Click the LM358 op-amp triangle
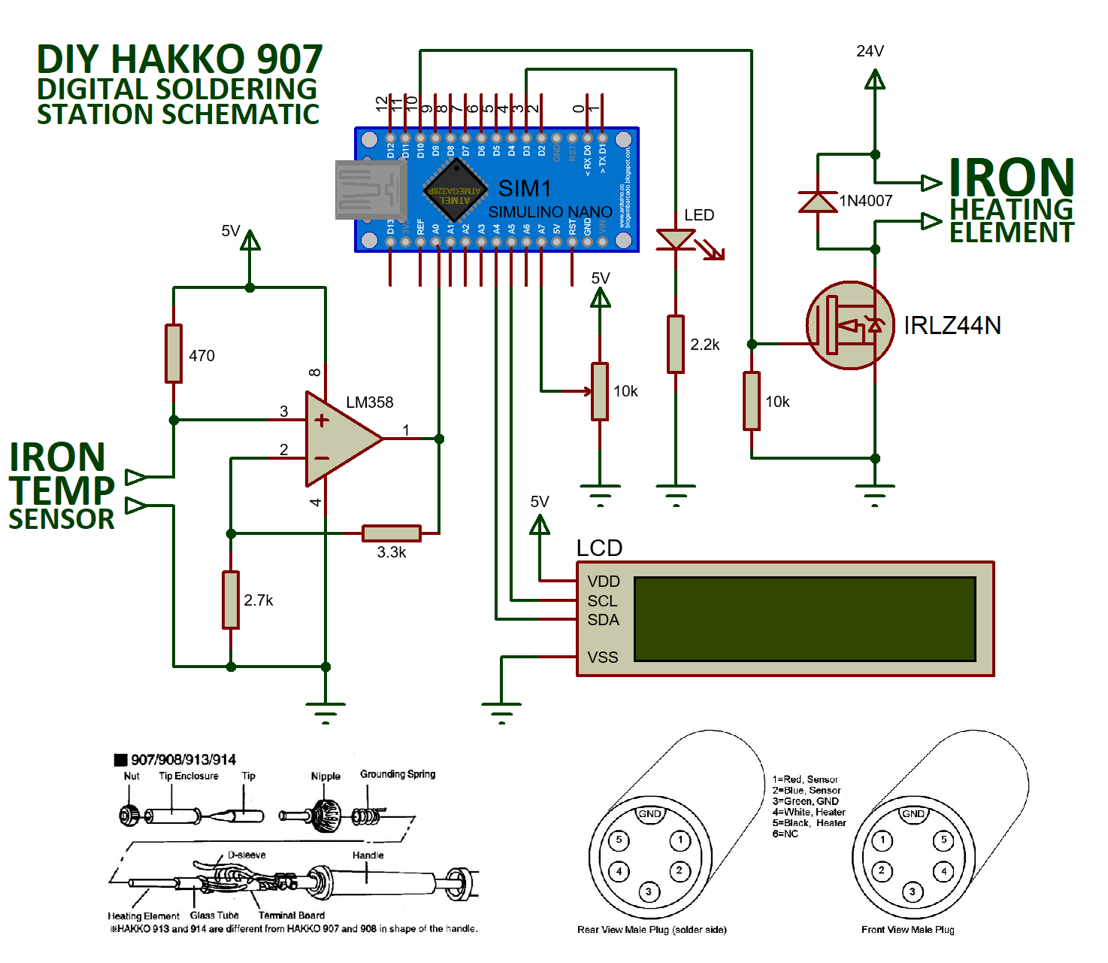[x=338, y=439]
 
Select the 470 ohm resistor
[x=174, y=354]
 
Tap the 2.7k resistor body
[x=231, y=600]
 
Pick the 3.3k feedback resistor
[x=391, y=533]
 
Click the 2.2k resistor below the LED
[x=676, y=344]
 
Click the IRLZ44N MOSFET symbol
[x=850, y=326]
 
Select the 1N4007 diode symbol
[x=818, y=202]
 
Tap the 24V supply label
[x=870, y=51]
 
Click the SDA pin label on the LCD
[x=603, y=620]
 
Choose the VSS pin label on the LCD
[x=602, y=658]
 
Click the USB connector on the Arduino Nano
[x=370, y=190]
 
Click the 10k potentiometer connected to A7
[x=600, y=391]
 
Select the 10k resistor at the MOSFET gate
[x=752, y=401]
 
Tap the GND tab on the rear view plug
[x=649, y=814]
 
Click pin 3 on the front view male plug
[x=912, y=892]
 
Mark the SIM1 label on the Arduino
[x=525, y=188]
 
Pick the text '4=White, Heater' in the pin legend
[x=809, y=812]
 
